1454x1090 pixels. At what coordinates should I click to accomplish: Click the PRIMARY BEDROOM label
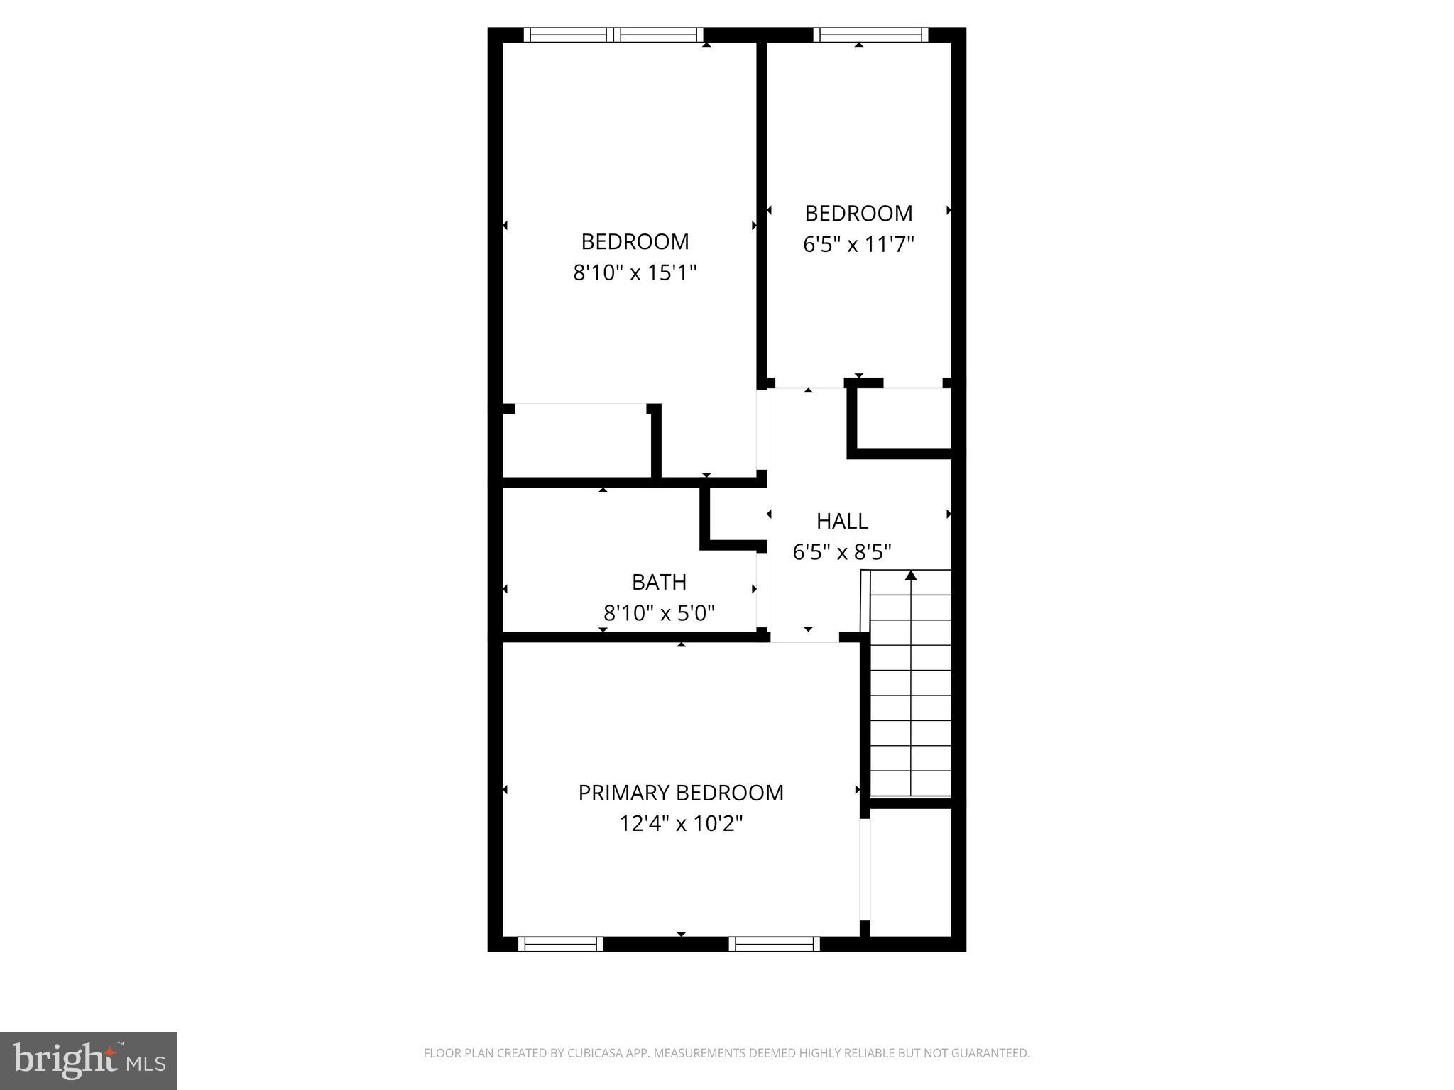(x=680, y=793)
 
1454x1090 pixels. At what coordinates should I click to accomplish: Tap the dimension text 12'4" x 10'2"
(x=680, y=824)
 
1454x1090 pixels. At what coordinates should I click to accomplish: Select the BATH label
(x=659, y=582)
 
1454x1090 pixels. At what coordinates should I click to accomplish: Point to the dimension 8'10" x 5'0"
(x=659, y=612)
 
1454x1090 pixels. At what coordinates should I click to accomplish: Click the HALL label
(x=842, y=521)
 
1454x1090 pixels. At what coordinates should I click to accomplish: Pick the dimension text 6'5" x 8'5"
(x=842, y=551)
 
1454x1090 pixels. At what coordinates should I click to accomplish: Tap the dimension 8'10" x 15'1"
(x=635, y=272)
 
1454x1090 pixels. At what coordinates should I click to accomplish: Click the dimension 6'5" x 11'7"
(x=858, y=244)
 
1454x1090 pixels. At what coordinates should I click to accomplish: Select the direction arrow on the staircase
(x=911, y=576)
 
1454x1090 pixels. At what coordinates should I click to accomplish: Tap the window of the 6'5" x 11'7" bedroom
(x=870, y=35)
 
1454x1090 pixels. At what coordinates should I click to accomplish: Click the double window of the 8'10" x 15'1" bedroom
(x=613, y=35)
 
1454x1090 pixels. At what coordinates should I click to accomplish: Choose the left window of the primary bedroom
(x=560, y=944)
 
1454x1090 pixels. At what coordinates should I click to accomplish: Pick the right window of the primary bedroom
(x=775, y=944)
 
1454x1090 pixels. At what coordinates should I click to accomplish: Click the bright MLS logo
(x=89, y=1060)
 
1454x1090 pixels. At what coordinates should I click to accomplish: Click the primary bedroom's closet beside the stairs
(x=910, y=873)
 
